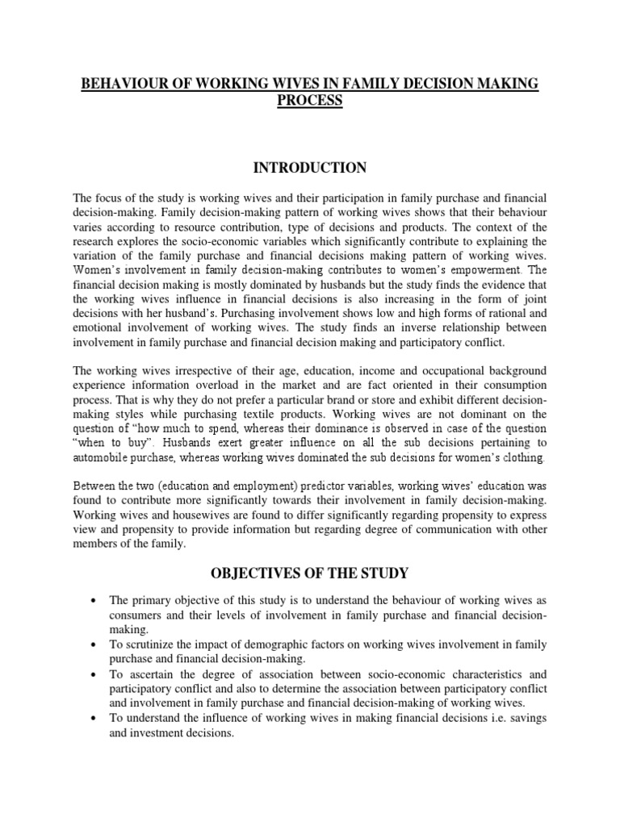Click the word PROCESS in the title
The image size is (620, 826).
tap(309, 101)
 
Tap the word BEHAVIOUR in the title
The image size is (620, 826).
tap(129, 85)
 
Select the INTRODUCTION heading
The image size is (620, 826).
tap(309, 168)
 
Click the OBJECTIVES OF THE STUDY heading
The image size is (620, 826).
tap(309, 574)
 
